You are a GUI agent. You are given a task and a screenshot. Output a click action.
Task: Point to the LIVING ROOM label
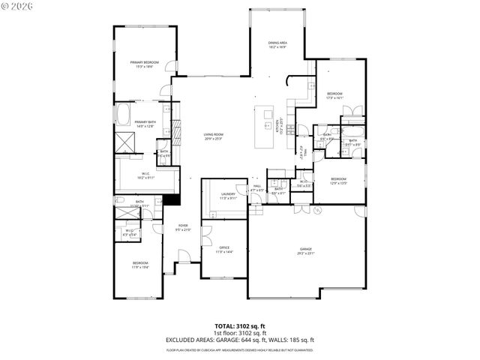pyautogui.click(x=214, y=136)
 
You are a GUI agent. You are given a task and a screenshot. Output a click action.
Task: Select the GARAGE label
pyautogui.click(x=306, y=250)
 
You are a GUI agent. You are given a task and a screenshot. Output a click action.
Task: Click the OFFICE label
pyautogui.click(x=224, y=249)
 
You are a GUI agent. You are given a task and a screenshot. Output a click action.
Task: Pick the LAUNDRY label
pyautogui.click(x=228, y=196)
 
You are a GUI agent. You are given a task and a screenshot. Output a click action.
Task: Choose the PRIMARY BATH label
pyautogui.click(x=145, y=124)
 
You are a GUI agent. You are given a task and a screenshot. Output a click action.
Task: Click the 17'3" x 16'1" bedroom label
pyautogui.click(x=334, y=95)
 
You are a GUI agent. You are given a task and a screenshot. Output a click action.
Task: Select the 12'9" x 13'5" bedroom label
pyautogui.click(x=339, y=180)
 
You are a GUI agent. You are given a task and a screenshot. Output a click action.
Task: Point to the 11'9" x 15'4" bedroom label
pyautogui.click(x=140, y=265)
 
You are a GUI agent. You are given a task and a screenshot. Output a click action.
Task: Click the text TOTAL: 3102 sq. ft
pyautogui.click(x=240, y=327)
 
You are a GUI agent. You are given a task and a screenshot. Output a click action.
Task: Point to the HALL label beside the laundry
pyautogui.click(x=256, y=187)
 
